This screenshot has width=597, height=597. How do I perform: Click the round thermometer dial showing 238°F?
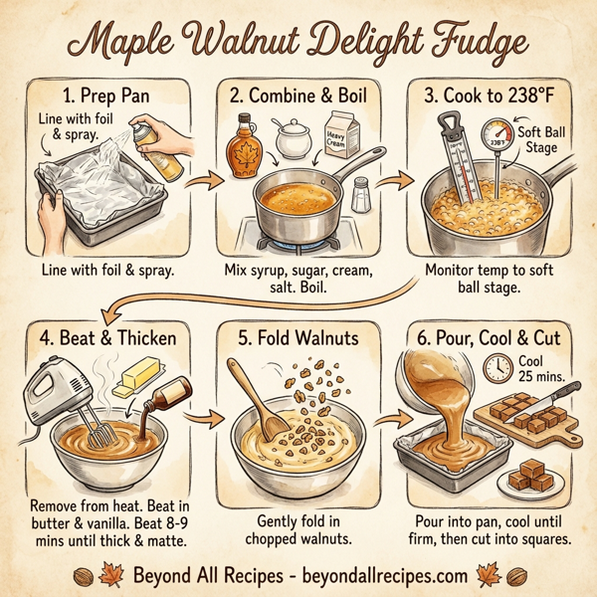tap(496, 140)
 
